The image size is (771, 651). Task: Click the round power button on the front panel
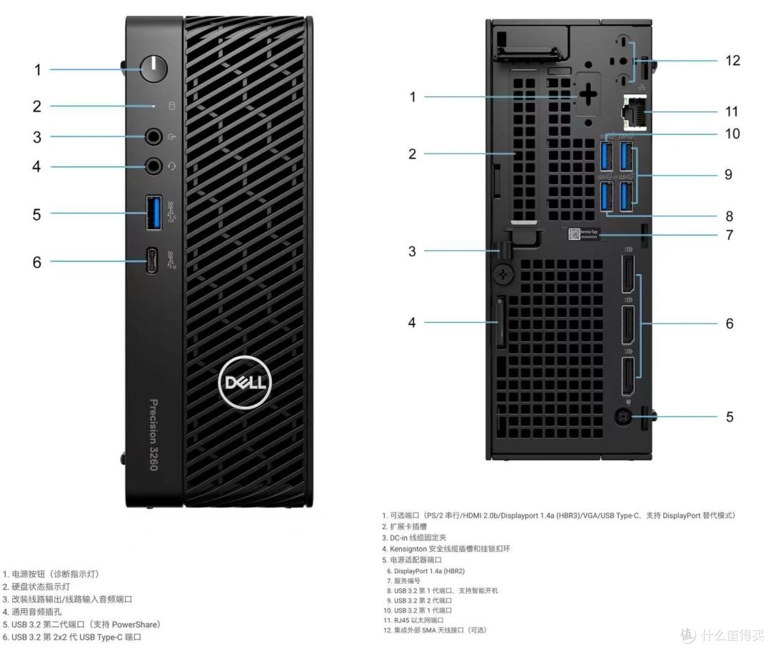pos(153,69)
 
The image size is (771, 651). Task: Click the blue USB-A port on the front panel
pos(153,213)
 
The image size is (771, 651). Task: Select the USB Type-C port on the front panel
pos(153,261)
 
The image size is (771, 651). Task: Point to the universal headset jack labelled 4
pos(153,166)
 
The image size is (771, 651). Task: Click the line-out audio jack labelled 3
pos(153,136)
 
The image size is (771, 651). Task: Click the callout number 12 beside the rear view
pos(732,60)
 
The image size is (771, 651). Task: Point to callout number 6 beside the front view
pos(36,262)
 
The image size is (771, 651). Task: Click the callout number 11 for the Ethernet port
pos(732,111)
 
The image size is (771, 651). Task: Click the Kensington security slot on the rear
pos(500,323)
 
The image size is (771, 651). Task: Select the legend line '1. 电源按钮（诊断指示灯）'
pos(51,574)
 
